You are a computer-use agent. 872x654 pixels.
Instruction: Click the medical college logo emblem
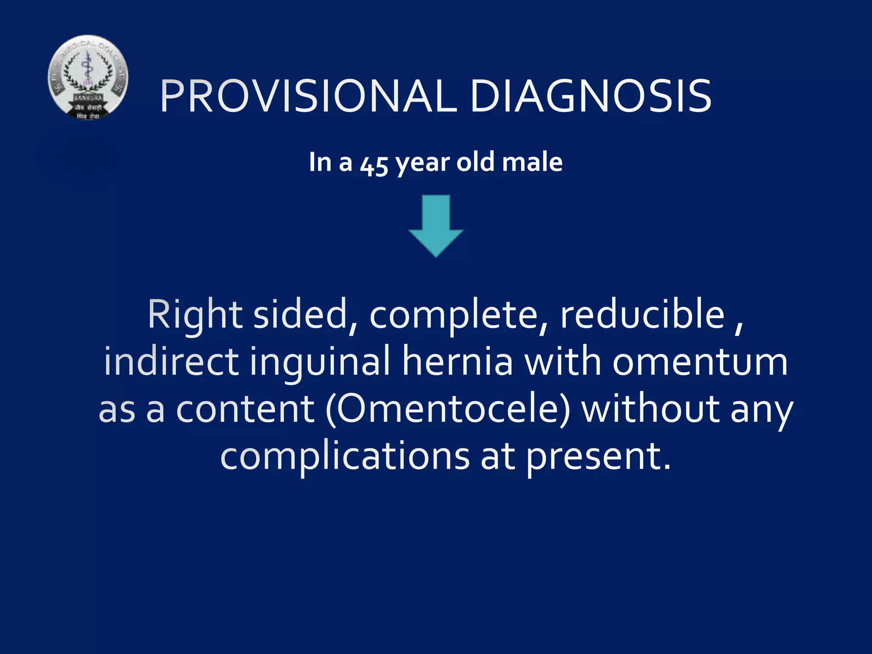pyautogui.click(x=88, y=77)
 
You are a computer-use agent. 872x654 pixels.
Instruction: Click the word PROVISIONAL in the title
pyautogui.click(x=309, y=97)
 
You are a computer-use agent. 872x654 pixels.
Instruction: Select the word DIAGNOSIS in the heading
pyautogui.click(x=591, y=97)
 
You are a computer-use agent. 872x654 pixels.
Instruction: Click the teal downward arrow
pyautogui.click(x=436, y=226)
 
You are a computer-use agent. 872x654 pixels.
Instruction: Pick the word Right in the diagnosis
pyautogui.click(x=195, y=315)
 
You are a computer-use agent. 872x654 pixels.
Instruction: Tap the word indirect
pyautogui.click(x=171, y=362)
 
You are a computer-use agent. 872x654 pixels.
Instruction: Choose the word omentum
pyautogui.click(x=700, y=362)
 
